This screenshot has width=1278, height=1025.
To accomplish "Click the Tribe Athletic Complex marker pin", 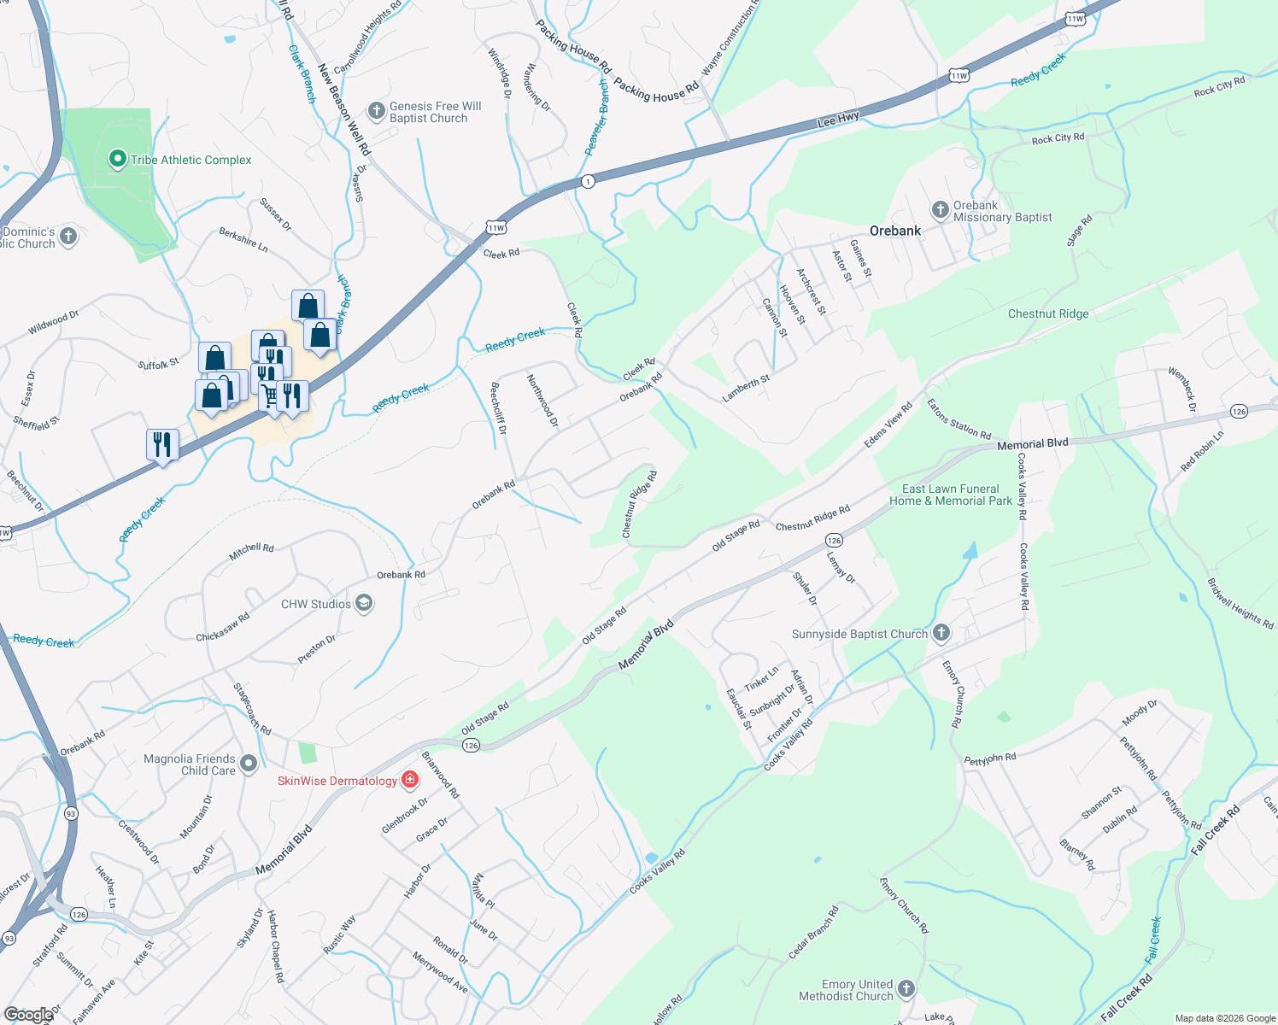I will (118, 159).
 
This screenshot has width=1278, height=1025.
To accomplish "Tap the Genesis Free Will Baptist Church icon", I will (376, 111).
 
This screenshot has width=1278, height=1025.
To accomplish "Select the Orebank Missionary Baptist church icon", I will (940, 210).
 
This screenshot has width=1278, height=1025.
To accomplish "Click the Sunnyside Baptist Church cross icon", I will (941, 633).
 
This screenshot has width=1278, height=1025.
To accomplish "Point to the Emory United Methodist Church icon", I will (906, 989).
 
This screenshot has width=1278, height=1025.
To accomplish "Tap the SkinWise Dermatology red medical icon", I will (410, 780).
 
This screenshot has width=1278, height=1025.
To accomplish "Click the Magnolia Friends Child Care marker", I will (249, 764).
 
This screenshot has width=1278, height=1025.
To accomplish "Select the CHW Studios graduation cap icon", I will (364, 604).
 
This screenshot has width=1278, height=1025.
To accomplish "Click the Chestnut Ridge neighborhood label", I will (1048, 313).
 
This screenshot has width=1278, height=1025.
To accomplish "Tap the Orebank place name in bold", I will (895, 231).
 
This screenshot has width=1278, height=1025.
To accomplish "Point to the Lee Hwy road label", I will (838, 120).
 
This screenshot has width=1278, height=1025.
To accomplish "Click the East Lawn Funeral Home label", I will (951, 495).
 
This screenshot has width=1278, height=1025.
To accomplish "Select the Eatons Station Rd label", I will (958, 419).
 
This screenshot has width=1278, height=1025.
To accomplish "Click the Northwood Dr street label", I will (542, 400).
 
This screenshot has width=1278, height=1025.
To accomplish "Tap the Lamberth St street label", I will (746, 389).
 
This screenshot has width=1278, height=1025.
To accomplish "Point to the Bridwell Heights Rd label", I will (1240, 603).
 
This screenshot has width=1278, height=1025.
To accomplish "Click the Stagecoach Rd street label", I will (252, 708).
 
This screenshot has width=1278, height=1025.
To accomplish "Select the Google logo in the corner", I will (28, 1014).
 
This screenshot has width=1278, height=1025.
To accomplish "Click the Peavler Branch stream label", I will (596, 117).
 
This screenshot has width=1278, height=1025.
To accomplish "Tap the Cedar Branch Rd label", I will (813, 932).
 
